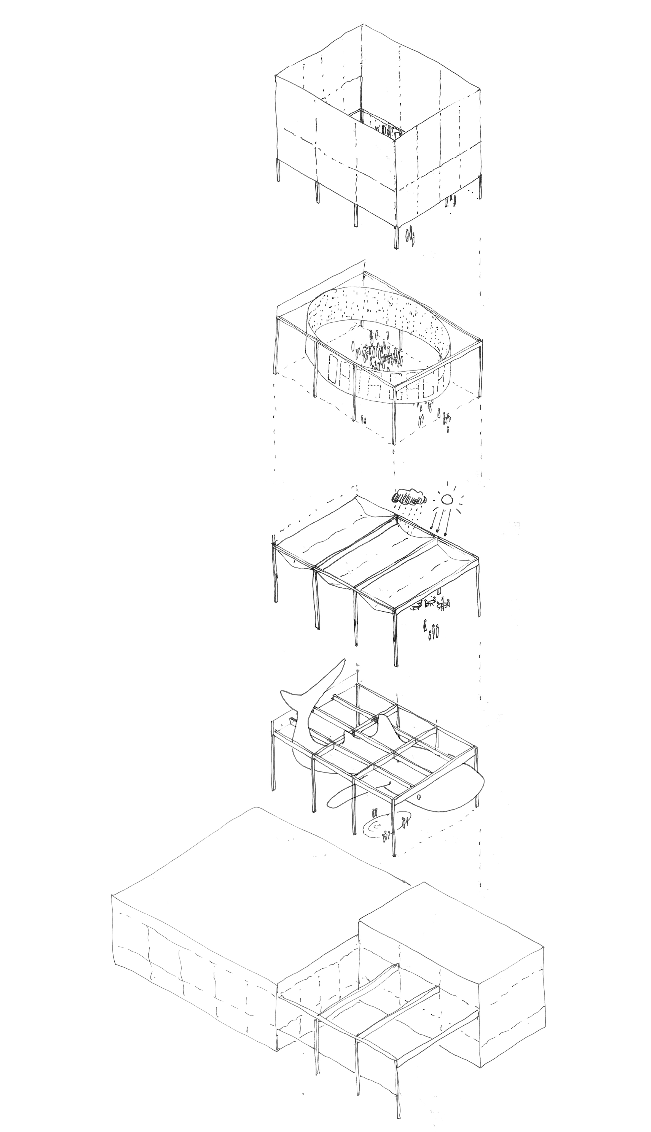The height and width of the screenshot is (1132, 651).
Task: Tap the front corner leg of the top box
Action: pyautogui.click(x=396, y=237)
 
